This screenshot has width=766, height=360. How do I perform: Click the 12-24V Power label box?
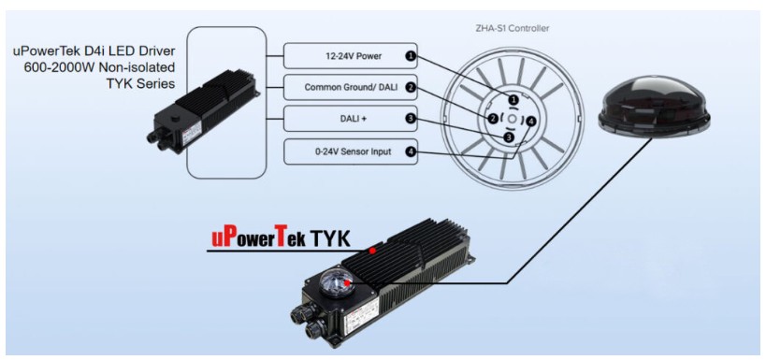pos(351,56)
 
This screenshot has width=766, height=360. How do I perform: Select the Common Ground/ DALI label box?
pos(351,88)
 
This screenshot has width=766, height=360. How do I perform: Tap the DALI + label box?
pos(351,119)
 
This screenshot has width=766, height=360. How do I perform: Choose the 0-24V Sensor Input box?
pos(351,151)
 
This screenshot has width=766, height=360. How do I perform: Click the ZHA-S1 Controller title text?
pos(512,28)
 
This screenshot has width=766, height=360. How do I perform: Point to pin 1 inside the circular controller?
pos(513,100)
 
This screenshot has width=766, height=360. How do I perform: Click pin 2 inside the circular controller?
pos(493,118)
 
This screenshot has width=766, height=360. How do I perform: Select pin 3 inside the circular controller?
pos(509,137)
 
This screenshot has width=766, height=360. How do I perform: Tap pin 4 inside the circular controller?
pos(531,121)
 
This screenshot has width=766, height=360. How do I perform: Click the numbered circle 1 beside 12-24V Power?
pos(411,56)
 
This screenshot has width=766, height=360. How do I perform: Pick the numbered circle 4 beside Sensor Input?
pos(411,151)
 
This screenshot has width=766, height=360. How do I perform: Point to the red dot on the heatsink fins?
pos(372,251)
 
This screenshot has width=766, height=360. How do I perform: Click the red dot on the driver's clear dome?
pos(346,282)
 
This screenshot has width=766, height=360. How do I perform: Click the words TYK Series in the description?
pos(140,84)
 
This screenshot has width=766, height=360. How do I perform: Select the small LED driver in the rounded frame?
pos(203,111)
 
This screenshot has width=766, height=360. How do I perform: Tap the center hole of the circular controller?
pos(512,119)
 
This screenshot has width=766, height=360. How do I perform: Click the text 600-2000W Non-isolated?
pos(100,67)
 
